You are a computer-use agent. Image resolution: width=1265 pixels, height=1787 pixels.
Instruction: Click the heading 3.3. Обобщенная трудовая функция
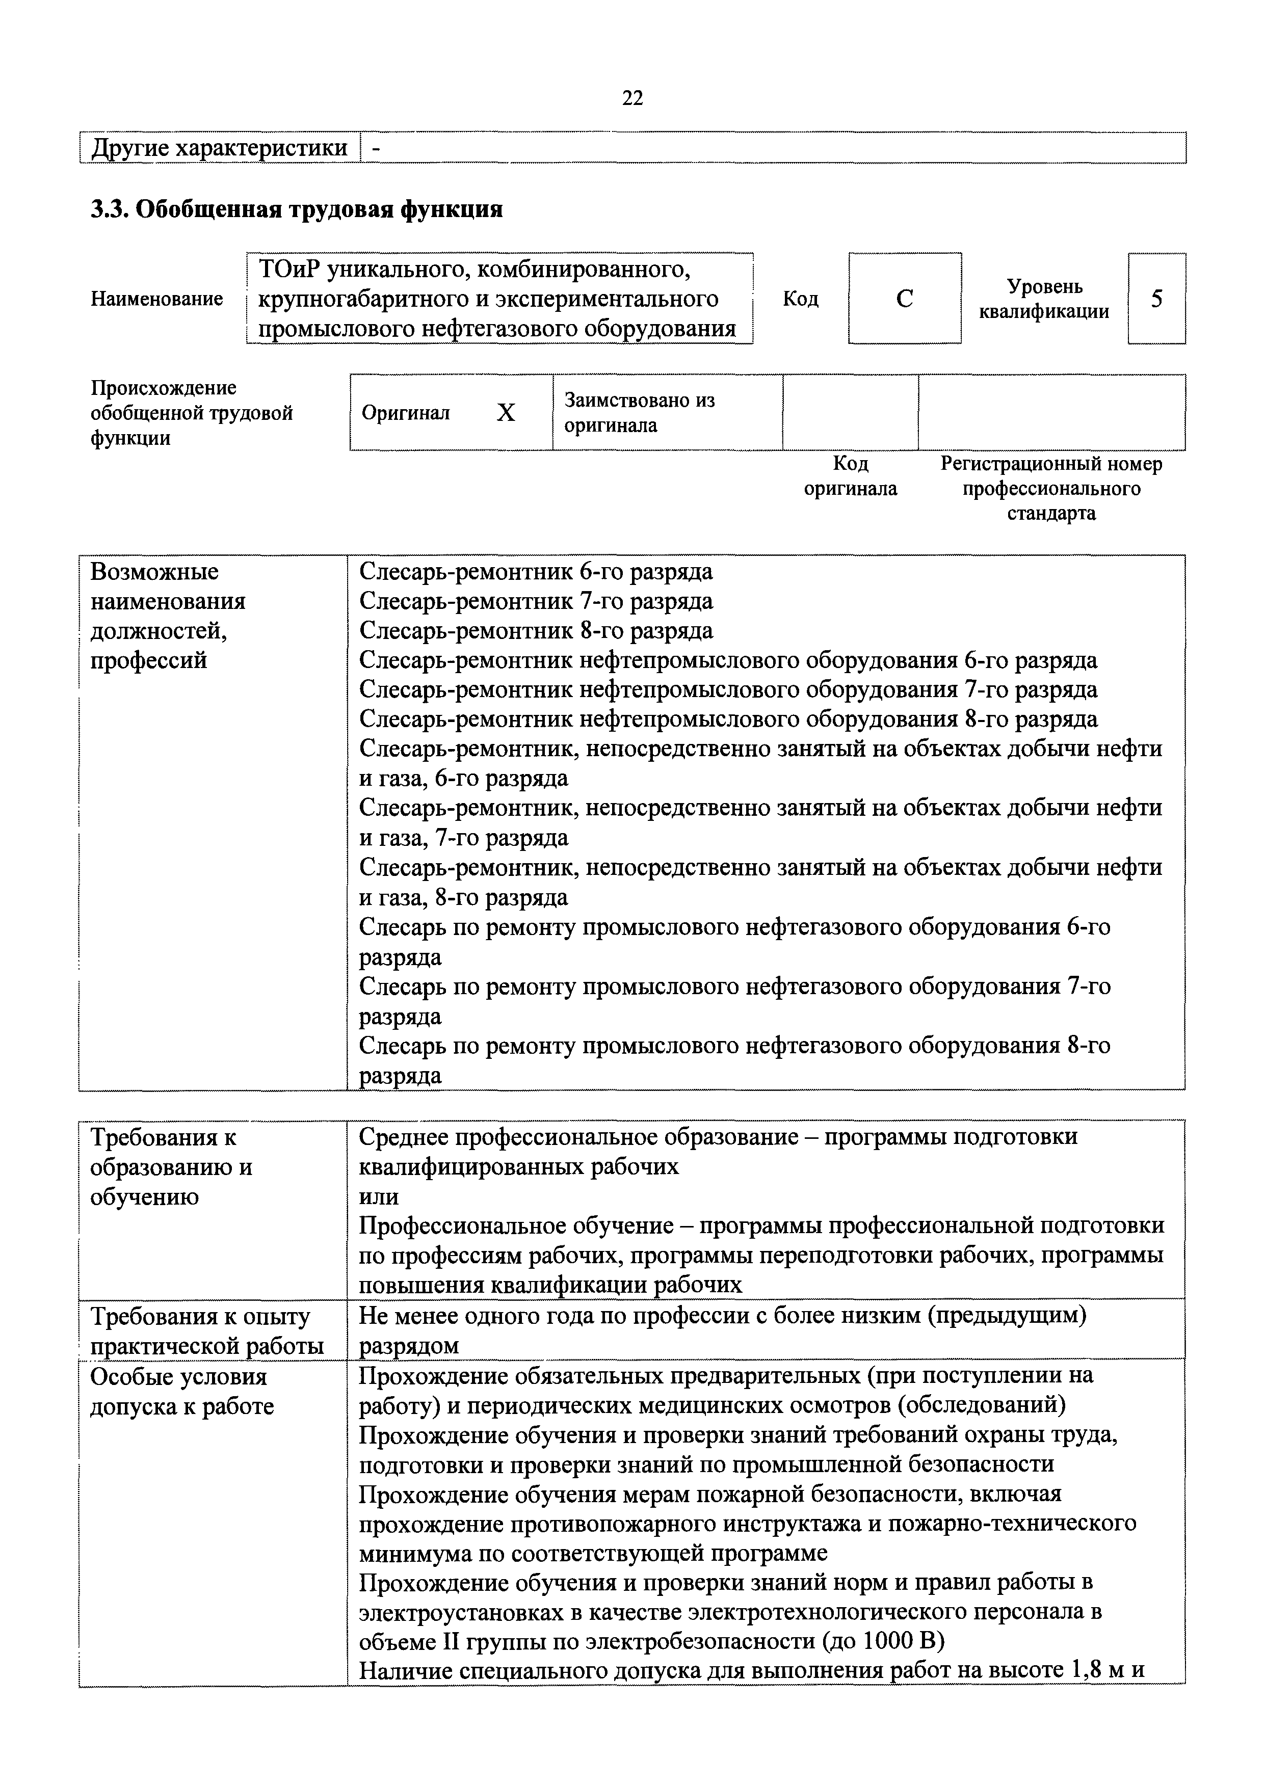point(297,209)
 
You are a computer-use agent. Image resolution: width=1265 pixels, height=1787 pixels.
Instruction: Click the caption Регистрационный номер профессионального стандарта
point(1051,488)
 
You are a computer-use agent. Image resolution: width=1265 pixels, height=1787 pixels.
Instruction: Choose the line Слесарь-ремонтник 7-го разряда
point(536,601)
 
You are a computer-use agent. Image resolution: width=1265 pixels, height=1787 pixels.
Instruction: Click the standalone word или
point(379,1196)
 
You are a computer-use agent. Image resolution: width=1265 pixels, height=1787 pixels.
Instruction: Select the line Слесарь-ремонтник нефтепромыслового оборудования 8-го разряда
point(728,718)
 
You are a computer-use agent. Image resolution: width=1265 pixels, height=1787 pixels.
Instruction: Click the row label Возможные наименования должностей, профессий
point(168,616)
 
